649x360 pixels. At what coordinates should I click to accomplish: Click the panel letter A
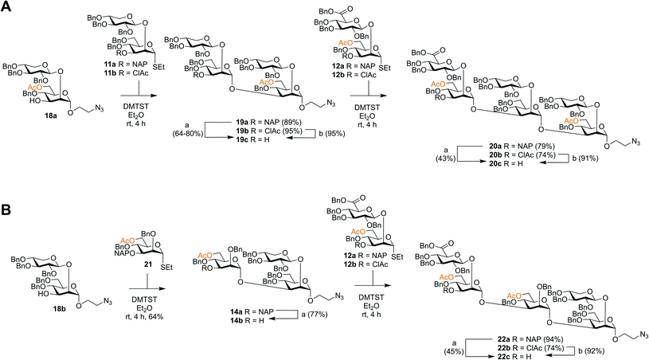tap(6, 7)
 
